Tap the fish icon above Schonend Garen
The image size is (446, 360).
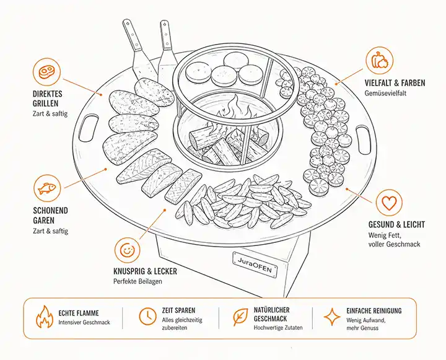[x=47, y=188]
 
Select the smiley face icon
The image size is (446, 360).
[x=128, y=250]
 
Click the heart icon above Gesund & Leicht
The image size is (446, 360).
[x=389, y=203]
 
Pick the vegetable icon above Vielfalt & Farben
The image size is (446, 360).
[x=380, y=60]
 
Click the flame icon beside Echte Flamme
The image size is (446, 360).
[x=45, y=317]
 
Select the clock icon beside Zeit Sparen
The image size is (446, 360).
[x=147, y=316]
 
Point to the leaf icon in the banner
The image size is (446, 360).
[x=240, y=317]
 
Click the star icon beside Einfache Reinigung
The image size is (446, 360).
[x=332, y=317]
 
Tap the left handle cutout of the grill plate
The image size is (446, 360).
[x=88, y=128]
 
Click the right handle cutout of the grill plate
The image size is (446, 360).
[x=364, y=140]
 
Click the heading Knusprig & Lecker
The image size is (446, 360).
[x=145, y=271]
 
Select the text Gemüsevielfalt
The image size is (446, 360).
[x=386, y=93]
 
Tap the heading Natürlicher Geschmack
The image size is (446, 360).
[x=272, y=314]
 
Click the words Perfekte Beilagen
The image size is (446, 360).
[x=138, y=281]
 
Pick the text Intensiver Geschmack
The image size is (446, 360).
[x=84, y=322]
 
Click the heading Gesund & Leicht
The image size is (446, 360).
[x=396, y=224]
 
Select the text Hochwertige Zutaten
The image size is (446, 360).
[x=278, y=328]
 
